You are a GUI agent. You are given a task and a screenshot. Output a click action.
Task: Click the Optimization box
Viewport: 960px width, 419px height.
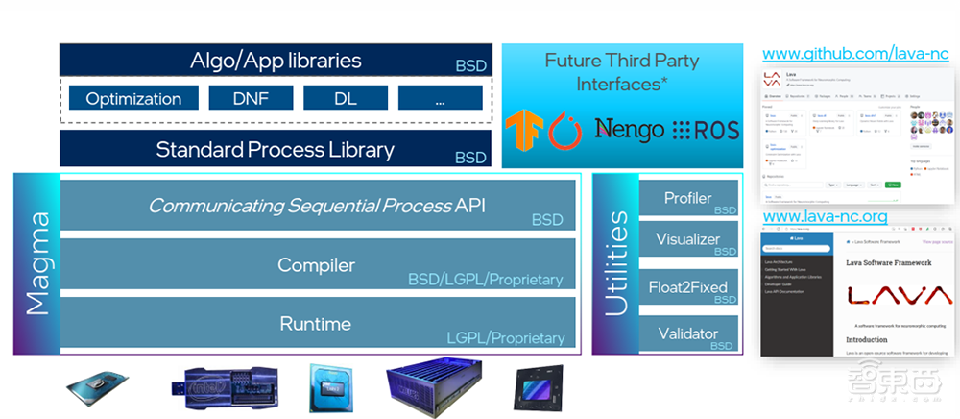coord(133,98)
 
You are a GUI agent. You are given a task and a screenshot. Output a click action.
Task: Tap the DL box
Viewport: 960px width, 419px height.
coord(344,98)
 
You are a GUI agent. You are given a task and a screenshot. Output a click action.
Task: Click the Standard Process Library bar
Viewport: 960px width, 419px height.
coord(275,150)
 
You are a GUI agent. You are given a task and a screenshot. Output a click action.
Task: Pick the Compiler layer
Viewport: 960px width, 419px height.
coord(317,265)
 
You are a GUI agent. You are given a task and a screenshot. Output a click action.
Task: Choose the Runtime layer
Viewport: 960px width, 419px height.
coord(317,324)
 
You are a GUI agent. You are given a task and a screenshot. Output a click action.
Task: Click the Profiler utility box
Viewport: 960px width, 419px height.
coord(687,199)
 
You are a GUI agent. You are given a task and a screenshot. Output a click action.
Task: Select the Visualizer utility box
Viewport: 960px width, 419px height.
coord(687,239)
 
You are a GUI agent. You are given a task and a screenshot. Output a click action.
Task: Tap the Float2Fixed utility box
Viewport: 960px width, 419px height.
coord(687,286)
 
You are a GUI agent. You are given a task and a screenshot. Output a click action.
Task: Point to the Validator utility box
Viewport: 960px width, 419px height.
coord(687,333)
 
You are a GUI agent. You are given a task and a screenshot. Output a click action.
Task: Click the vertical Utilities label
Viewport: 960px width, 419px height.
coord(614,265)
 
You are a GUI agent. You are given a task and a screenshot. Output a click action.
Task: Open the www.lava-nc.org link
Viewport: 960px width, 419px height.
coord(825,217)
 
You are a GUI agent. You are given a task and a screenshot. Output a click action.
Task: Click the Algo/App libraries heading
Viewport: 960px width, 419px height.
coord(275,61)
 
